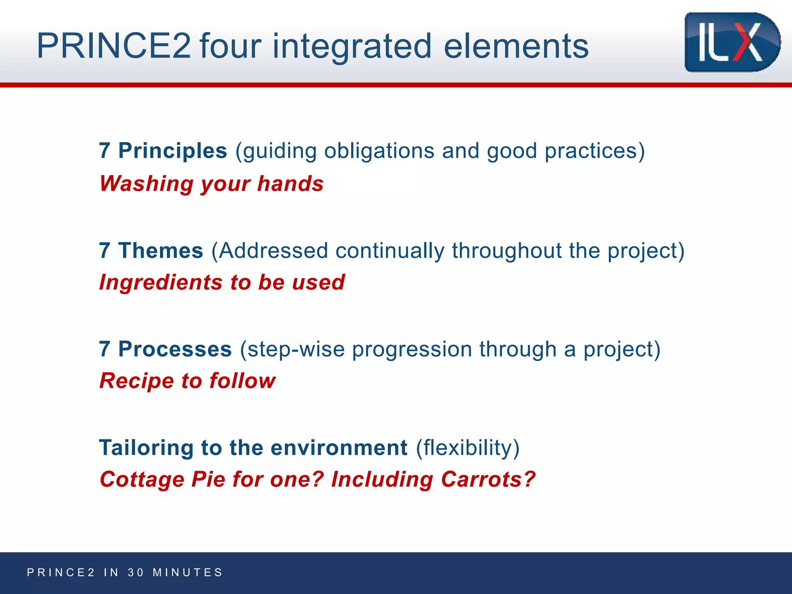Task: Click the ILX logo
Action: [x=732, y=42]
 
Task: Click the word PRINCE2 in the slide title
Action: [x=113, y=46]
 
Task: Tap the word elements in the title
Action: [x=516, y=46]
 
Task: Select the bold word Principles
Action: [x=172, y=151]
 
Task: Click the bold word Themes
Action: [x=160, y=251]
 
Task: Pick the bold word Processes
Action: [x=175, y=349]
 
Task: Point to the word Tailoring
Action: [x=146, y=448]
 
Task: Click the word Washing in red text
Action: [x=146, y=184]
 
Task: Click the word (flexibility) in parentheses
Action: [x=468, y=448]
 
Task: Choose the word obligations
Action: [x=379, y=151]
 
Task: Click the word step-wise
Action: [x=295, y=349]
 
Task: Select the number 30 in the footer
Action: [x=136, y=572]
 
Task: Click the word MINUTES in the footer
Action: [x=188, y=572]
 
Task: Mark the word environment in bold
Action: [x=339, y=448]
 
